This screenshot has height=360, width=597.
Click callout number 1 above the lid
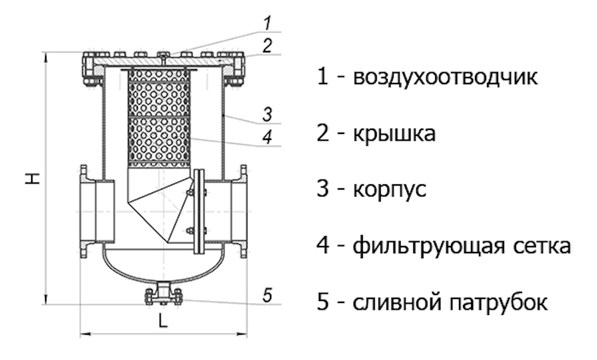pos(266,23)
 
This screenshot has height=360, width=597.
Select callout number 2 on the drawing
pos(266,46)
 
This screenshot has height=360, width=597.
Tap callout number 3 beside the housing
pos(266,114)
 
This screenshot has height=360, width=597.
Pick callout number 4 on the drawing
pos(266,137)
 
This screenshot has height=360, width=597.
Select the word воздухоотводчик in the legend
pos(445,78)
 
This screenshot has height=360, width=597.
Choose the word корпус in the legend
pos(389,191)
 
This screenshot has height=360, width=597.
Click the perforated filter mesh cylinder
pos(159,116)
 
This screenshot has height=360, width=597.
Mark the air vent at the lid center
pos(163,54)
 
